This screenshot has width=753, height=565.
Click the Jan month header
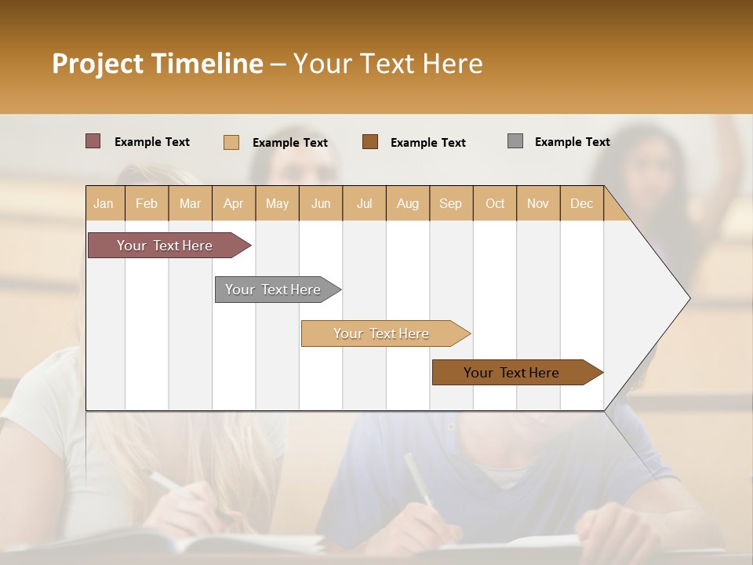[104, 204]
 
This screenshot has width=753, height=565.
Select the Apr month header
[233, 204]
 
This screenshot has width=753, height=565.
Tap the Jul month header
[364, 204]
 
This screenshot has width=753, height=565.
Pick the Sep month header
[450, 204]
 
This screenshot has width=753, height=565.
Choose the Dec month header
[581, 204]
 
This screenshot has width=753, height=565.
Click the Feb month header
[147, 204]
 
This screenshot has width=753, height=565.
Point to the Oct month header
[495, 204]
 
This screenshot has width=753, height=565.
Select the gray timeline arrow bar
[273, 290]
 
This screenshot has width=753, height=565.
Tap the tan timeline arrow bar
[381, 334]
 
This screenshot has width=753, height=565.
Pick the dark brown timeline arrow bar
[511, 373]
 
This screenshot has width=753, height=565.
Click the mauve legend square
[93, 141]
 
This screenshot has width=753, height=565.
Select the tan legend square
[231, 142]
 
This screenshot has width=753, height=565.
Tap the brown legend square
[370, 141]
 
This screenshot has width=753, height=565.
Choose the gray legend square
[515, 141]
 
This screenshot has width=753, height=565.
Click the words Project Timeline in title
[157, 64]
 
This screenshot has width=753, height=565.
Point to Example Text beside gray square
[572, 142]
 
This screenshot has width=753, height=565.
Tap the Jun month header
[321, 204]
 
